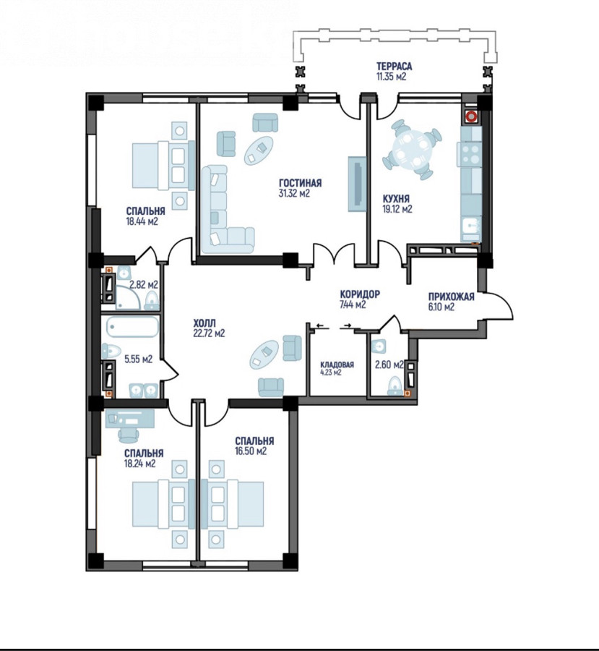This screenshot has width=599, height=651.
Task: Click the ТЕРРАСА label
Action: (394, 67)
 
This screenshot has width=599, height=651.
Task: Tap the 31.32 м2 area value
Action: (295, 193)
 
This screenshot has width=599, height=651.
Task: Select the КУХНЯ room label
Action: (396, 198)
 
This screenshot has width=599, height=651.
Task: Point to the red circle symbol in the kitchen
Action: (471, 116)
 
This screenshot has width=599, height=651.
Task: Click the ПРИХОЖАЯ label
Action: (452, 297)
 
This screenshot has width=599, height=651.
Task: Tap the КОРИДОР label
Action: (360, 294)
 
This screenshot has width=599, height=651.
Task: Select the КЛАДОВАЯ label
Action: (337, 365)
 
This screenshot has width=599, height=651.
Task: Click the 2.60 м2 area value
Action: (389, 365)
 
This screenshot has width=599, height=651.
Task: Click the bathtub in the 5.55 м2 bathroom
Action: (133, 327)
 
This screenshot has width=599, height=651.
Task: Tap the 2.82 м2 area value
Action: (144, 285)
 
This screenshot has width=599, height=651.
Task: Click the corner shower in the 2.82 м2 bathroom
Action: (127, 297)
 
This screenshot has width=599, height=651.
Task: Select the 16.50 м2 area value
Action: (251, 451)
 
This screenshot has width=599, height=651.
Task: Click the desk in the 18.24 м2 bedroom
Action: (130, 419)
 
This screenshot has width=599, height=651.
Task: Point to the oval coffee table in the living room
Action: (258, 150)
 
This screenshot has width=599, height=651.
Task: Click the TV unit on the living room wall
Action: (357, 184)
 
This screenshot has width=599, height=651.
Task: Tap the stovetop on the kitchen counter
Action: (470, 155)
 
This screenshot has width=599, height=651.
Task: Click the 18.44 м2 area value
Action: (142, 221)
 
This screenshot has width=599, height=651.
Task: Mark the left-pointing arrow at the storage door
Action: (320, 325)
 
